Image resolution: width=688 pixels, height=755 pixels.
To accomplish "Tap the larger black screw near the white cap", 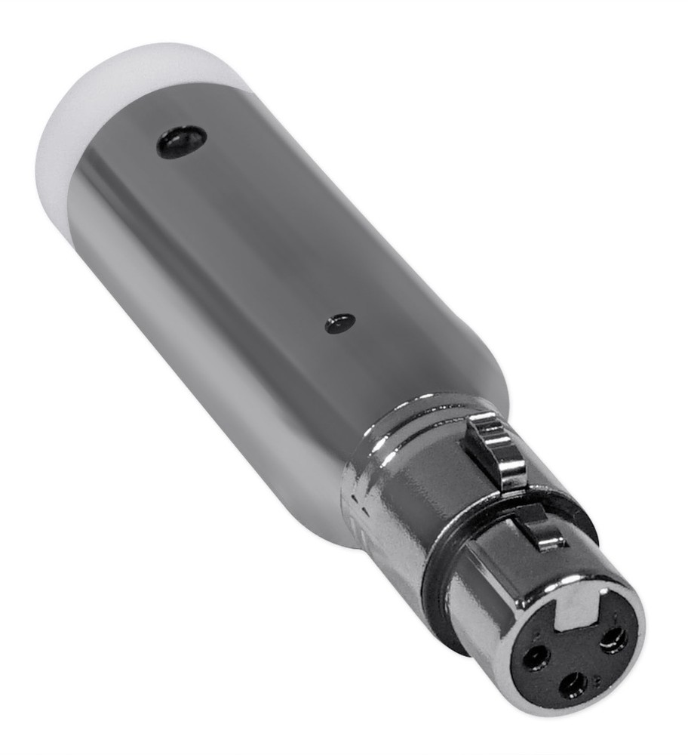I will tap(181, 141).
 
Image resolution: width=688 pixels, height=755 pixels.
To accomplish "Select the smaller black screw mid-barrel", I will tap(340, 323).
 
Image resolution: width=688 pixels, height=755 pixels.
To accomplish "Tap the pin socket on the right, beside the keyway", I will tap(613, 640).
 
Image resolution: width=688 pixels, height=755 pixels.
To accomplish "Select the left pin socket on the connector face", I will tap(536, 658).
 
